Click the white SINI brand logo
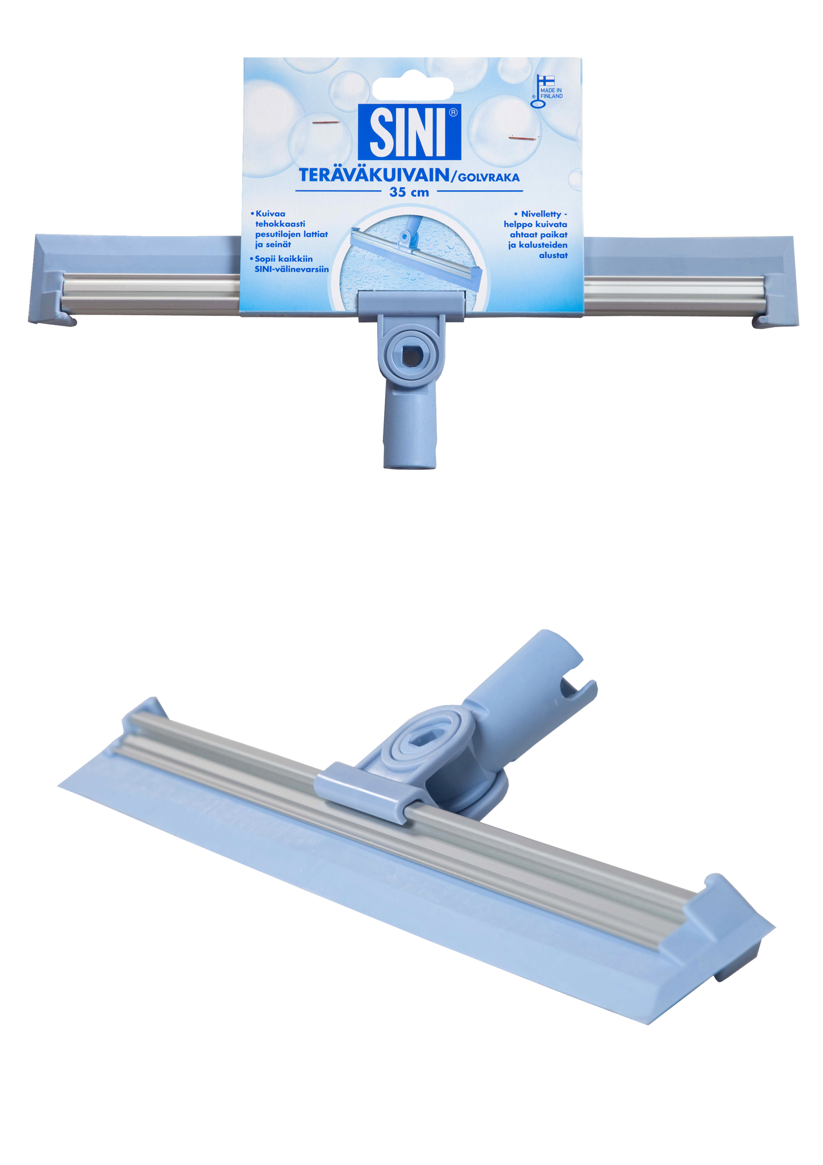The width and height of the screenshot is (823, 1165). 409,132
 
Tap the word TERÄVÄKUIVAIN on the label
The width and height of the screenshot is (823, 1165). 374,176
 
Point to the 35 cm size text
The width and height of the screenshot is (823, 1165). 409,192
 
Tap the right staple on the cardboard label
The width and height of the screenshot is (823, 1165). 525,137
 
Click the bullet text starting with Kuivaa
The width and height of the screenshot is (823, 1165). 291,229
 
